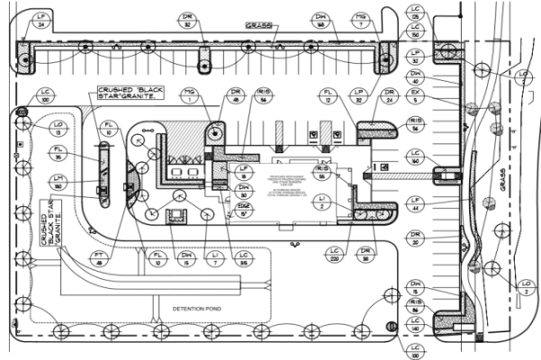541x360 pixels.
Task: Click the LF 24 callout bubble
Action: [40, 20]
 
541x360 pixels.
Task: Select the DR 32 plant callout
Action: [186, 21]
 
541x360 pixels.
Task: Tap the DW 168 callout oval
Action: [321, 20]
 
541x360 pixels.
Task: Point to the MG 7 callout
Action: [360, 20]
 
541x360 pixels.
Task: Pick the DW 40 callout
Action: [415, 76]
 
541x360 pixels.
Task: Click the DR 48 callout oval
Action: [236, 95]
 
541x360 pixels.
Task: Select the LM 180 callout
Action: [59, 183]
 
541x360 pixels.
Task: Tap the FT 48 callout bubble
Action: [98, 262]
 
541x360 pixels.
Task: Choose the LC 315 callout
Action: [244, 262]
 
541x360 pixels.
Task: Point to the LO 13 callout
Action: [59, 126]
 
